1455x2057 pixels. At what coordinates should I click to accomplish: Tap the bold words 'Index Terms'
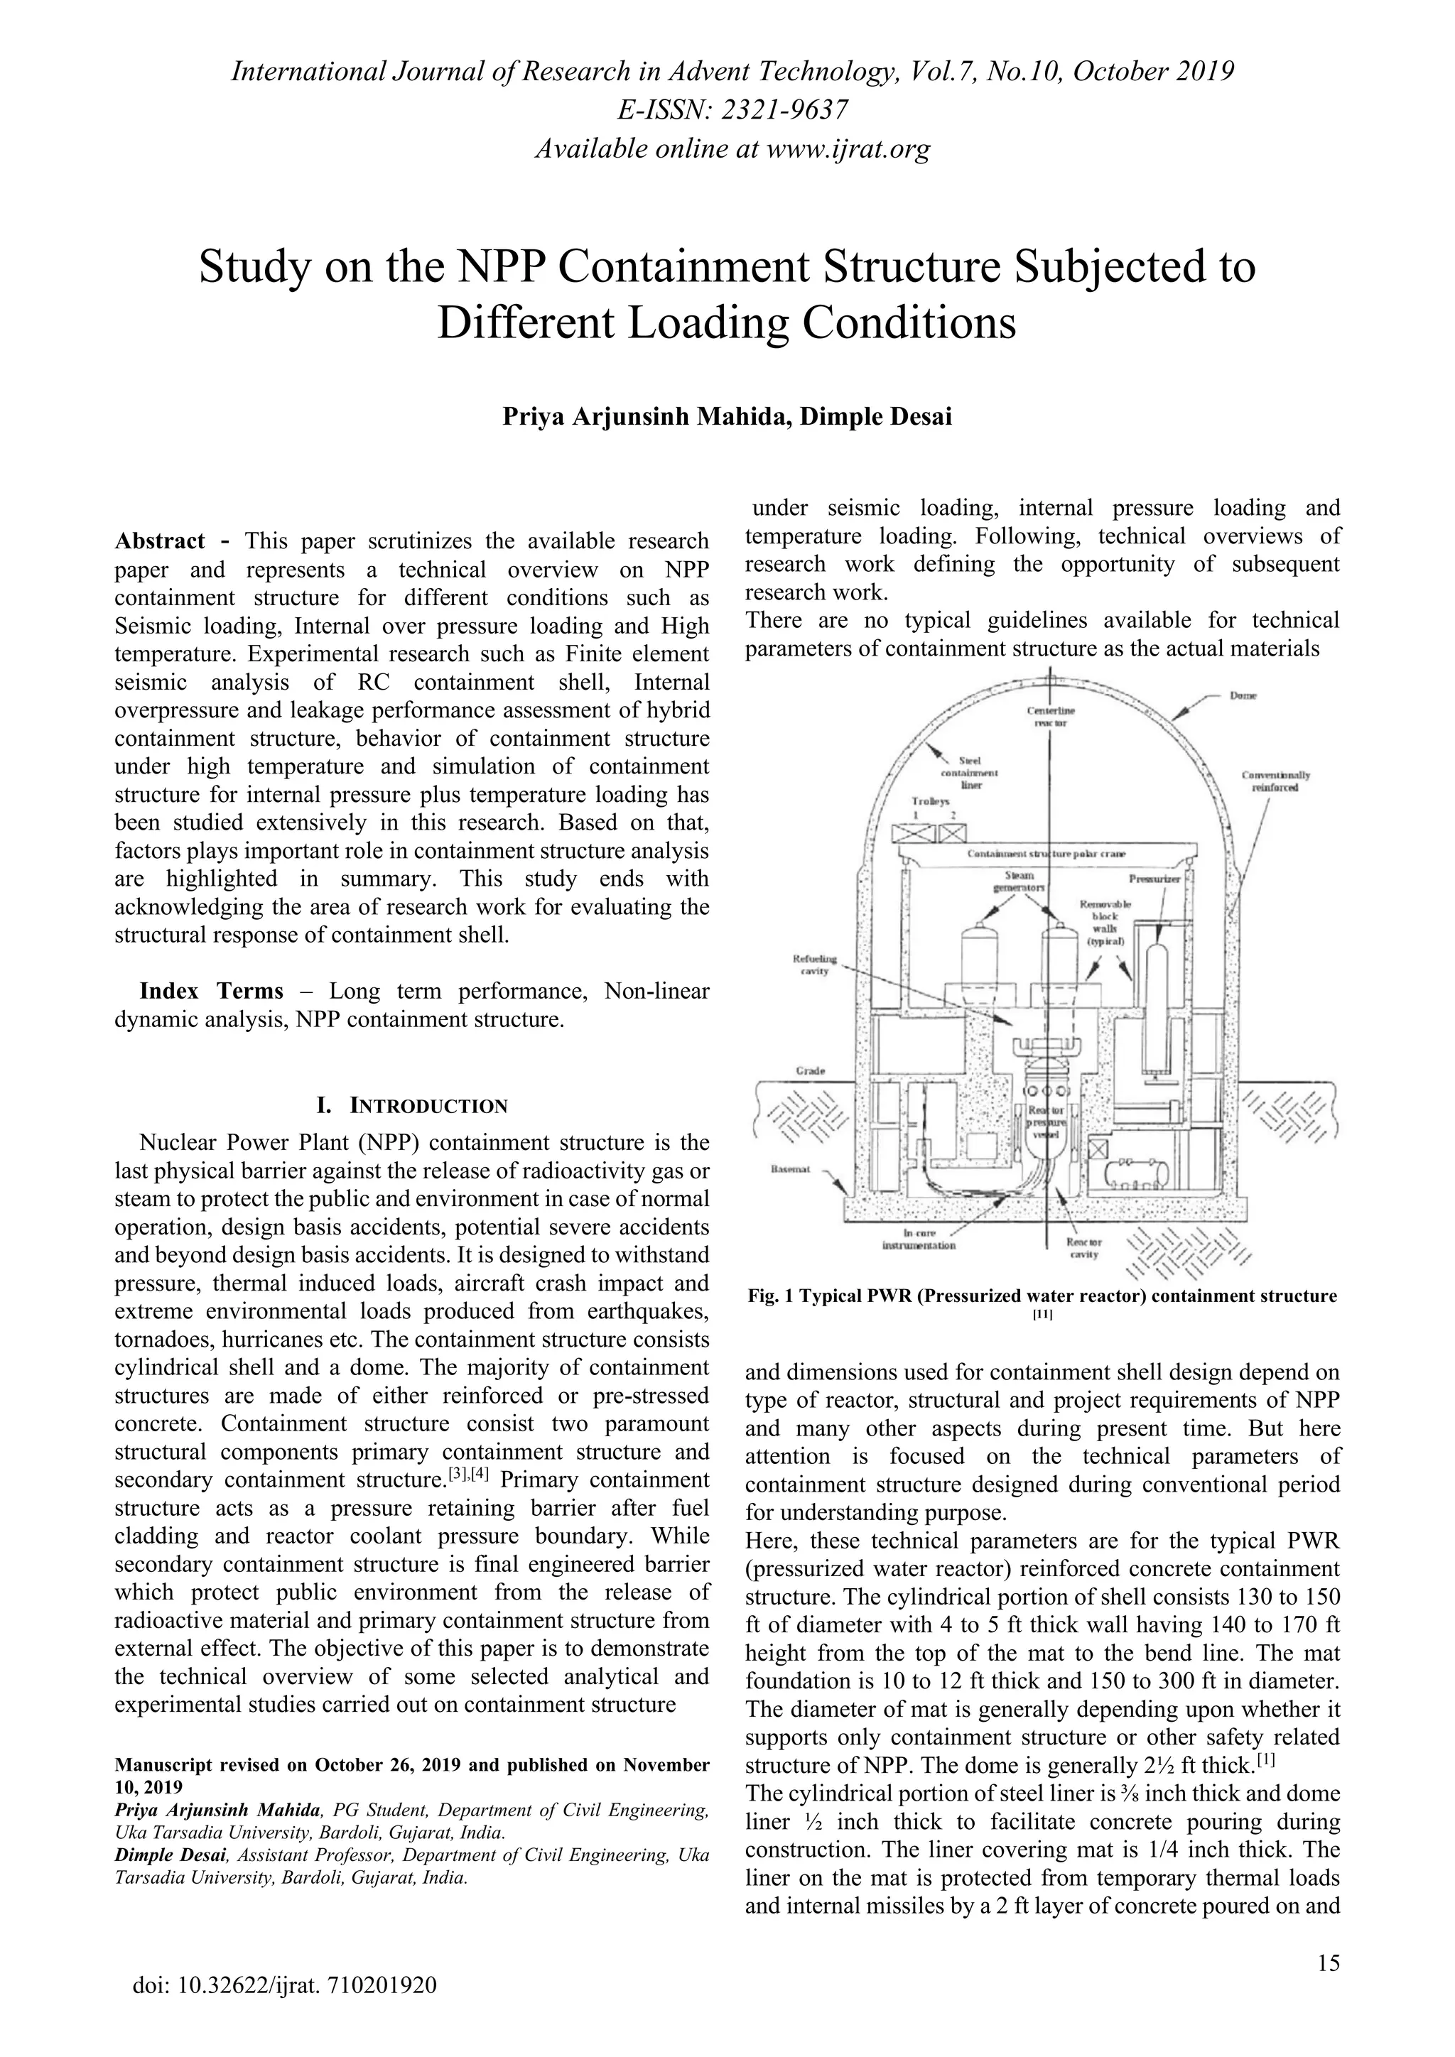[212, 992]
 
